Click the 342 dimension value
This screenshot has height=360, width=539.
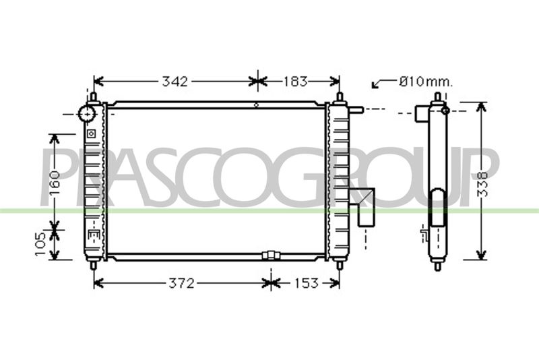[x=175, y=82]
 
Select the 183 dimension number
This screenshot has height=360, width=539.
[x=295, y=82]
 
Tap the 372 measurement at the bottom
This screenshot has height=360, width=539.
[x=181, y=283]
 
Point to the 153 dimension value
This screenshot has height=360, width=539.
[x=307, y=283]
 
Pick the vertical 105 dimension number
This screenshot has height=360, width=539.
[x=40, y=244]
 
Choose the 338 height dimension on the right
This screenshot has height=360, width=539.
[x=483, y=184]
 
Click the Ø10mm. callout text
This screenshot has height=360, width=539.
[x=426, y=82]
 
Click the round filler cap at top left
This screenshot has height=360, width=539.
[x=87, y=113]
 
